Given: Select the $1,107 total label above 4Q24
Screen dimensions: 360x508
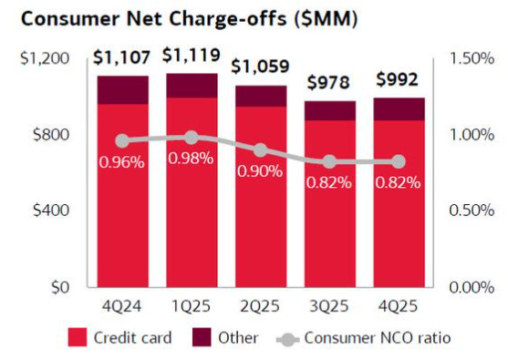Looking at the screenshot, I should click(x=123, y=58).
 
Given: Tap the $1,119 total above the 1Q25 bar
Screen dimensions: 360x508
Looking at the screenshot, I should click(x=192, y=56).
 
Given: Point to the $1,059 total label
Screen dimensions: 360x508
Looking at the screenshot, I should click(x=261, y=67).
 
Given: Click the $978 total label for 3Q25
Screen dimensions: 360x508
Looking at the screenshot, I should click(x=329, y=83).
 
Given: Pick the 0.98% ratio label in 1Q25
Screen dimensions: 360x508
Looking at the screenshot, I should click(x=192, y=159).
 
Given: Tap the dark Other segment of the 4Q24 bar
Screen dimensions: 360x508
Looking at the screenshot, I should click(x=123, y=89).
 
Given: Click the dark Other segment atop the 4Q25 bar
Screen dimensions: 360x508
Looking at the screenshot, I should click(x=398, y=108).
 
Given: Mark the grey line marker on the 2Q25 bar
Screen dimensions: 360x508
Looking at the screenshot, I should click(x=261, y=149).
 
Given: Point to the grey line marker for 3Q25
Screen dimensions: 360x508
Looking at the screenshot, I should click(x=329, y=161).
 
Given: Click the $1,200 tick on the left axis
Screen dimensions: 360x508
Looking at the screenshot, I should click(x=45, y=58).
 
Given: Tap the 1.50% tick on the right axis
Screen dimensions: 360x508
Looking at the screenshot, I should click(x=472, y=58).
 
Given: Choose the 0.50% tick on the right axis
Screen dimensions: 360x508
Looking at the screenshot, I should click(x=472, y=211).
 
